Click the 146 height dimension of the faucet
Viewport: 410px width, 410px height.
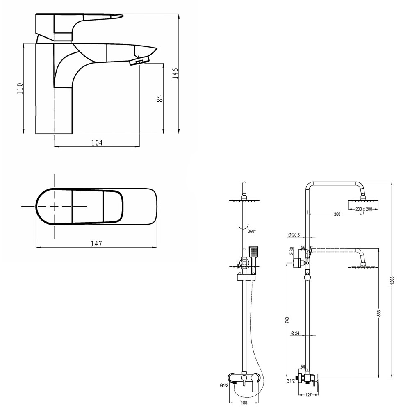pos(175,73)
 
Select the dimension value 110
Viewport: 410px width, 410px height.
pos(20,89)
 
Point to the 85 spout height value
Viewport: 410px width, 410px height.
pos(160,98)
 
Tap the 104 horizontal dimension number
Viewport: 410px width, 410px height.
pos(97,143)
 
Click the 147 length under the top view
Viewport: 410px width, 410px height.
pos(96,244)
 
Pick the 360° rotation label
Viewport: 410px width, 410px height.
pos(252,231)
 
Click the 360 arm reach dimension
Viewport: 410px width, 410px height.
pos(337,214)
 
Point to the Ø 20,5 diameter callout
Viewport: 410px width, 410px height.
pos(294,235)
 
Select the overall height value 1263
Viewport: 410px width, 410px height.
pos(392,283)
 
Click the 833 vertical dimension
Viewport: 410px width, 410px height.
pos(379,312)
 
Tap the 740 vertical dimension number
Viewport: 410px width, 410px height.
pos(287,319)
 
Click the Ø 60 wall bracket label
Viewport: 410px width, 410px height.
pos(292,252)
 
